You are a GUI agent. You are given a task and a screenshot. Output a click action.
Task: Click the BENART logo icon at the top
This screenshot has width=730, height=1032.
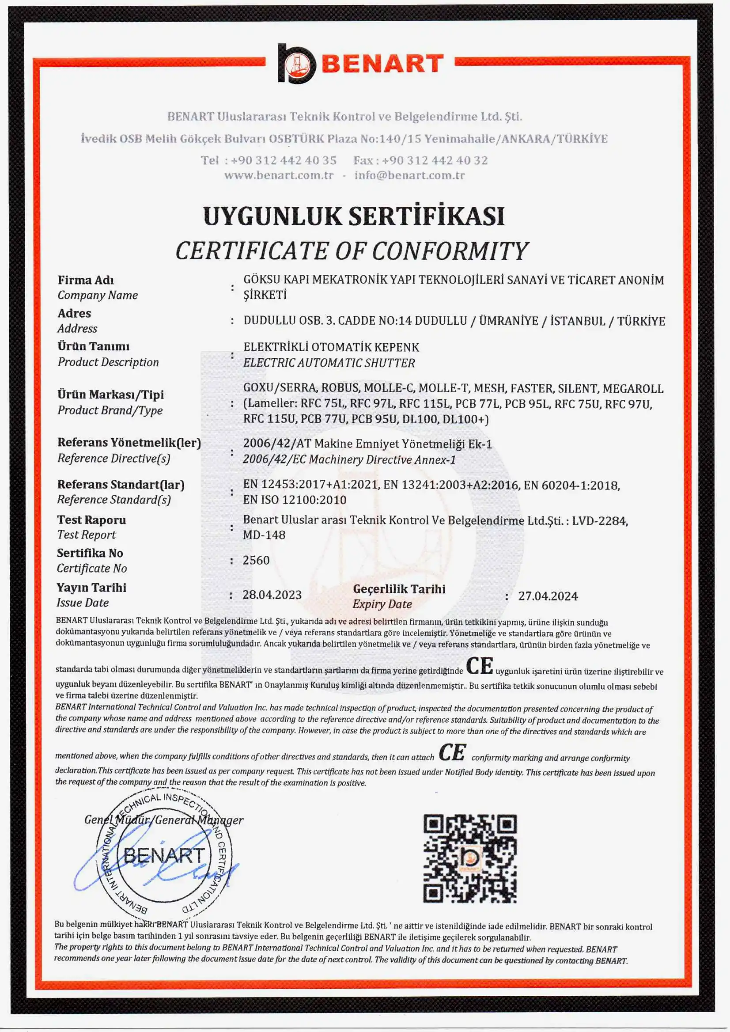296,64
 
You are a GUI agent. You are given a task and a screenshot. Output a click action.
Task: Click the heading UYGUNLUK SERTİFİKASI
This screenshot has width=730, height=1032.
354,216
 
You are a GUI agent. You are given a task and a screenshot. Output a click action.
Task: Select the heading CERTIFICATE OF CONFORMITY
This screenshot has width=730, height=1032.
352,251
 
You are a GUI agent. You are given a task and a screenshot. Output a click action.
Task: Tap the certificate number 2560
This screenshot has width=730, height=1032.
256,560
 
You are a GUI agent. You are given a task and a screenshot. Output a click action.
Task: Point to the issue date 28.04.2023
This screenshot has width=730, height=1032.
272,595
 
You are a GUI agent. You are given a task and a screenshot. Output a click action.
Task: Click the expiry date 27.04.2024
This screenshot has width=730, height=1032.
548,596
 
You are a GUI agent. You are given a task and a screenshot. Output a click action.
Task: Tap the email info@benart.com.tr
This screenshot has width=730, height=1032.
409,175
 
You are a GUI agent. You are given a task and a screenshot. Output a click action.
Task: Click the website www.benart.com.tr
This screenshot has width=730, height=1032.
279,175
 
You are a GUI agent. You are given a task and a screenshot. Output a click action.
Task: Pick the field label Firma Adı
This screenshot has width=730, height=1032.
85,280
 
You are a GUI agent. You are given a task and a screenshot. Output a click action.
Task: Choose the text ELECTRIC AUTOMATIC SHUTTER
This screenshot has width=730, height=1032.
329,363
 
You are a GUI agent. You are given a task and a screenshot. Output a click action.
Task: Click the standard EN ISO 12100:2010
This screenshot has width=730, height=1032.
295,500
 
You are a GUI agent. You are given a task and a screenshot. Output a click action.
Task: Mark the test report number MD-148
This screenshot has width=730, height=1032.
264,535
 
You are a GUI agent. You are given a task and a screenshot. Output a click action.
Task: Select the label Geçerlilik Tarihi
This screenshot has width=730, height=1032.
399,589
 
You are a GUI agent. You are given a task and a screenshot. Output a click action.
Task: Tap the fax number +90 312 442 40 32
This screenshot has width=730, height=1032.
435,160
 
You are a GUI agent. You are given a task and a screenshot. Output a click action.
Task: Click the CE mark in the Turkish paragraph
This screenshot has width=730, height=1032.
479,666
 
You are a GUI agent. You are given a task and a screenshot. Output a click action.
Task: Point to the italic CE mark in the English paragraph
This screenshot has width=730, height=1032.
452,753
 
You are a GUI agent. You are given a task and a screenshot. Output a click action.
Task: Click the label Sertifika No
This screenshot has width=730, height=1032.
90,553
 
